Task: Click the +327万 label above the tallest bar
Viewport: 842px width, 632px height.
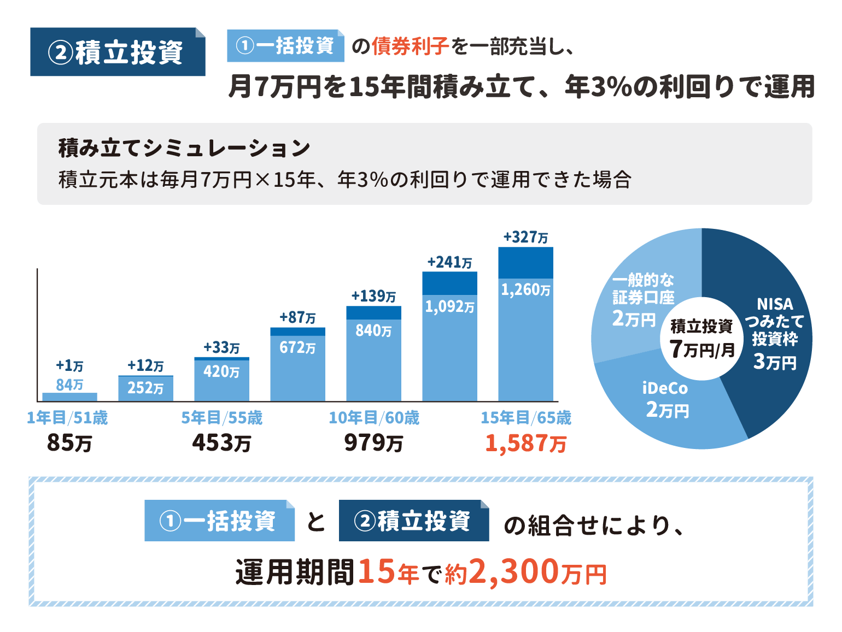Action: (x=525, y=237)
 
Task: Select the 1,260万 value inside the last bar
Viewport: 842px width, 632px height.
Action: (x=525, y=290)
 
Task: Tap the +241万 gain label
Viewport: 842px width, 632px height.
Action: (x=449, y=262)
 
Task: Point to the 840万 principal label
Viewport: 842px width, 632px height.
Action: (x=373, y=330)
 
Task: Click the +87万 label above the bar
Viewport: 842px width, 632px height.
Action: (x=297, y=317)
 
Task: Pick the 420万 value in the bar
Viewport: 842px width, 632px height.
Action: (x=221, y=371)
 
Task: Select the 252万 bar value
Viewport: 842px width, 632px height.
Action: (x=145, y=388)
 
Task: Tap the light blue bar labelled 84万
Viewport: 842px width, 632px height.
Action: (x=69, y=397)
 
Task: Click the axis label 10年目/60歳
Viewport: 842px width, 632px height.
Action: (x=374, y=418)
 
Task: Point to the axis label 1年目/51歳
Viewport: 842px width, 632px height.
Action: (x=67, y=418)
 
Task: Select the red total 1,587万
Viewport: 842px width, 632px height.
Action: (x=525, y=443)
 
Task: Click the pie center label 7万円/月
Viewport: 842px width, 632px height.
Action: (x=701, y=348)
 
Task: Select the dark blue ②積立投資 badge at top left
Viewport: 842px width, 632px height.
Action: (x=118, y=52)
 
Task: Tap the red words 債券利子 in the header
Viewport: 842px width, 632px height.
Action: (x=410, y=47)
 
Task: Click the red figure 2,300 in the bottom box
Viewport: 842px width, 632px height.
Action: (x=514, y=572)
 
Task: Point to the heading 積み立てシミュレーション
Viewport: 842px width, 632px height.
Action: (x=184, y=148)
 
